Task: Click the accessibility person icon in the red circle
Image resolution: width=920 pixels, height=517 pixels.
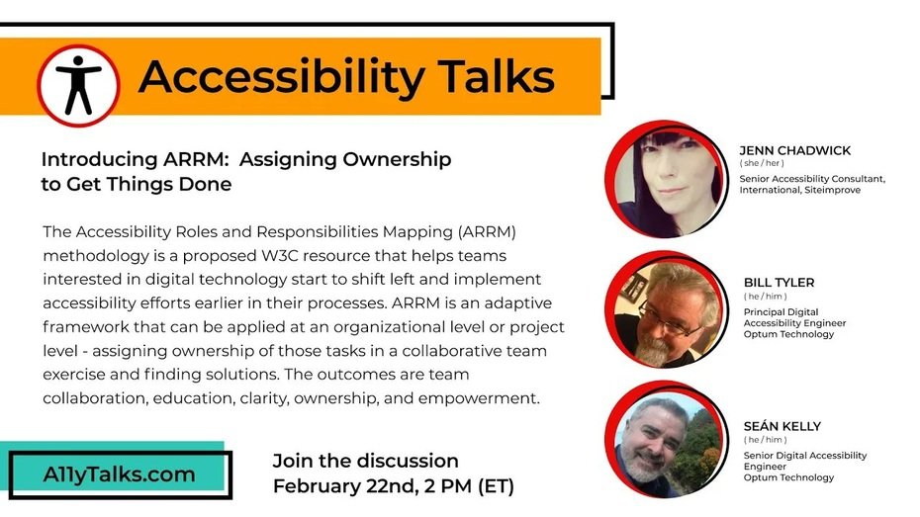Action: click(x=78, y=85)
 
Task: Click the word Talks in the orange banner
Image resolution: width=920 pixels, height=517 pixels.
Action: click(x=497, y=77)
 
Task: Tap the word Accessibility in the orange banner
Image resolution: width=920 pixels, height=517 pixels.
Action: click(x=281, y=78)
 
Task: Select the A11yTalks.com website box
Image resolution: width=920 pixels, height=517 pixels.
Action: click(x=121, y=474)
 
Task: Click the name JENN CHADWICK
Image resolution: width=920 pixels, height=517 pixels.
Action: click(x=795, y=150)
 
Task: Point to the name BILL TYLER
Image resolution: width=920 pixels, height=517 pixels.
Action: click(x=780, y=283)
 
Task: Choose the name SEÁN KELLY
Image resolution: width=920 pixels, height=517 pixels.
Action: click(x=782, y=426)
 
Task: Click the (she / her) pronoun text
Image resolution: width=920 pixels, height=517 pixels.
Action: click(x=762, y=163)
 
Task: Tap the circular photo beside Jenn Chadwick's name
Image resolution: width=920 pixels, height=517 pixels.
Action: click(x=666, y=180)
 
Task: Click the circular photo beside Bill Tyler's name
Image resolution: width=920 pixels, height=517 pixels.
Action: click(x=666, y=310)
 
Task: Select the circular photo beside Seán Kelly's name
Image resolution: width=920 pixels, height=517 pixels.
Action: click(x=666, y=440)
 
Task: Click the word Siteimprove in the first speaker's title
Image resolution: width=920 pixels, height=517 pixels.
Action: click(x=833, y=190)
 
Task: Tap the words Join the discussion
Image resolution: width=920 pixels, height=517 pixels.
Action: click(x=366, y=461)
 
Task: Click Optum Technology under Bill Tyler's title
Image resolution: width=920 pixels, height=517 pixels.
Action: click(x=788, y=334)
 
